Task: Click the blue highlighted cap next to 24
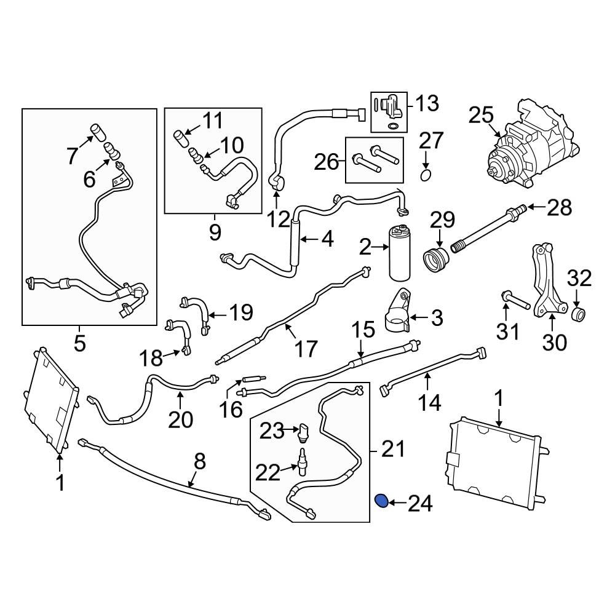pos(381,502)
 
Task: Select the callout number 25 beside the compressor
pos(482,116)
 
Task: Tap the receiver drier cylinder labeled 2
pos(397,253)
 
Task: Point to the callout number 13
pos(426,103)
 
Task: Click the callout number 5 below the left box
pos(80,343)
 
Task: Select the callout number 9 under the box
pos(214,233)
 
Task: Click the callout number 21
pos(393,451)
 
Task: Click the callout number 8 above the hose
pos(198,461)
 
